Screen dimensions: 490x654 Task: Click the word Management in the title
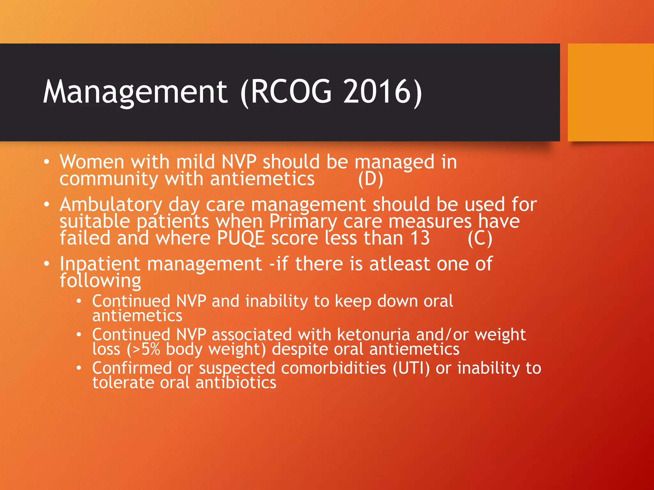tap(135, 93)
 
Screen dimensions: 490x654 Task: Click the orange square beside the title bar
tap(611, 93)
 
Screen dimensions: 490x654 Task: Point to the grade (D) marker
tap(370, 179)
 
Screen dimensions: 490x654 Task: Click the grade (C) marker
tap(480, 239)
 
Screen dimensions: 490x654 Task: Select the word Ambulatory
tap(111, 205)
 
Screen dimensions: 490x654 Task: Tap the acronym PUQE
tap(241, 239)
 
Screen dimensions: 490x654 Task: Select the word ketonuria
tap(373, 335)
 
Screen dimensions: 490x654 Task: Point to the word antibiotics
tap(236, 383)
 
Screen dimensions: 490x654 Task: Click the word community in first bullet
tap(109, 179)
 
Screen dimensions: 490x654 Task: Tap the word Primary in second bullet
tap(303, 222)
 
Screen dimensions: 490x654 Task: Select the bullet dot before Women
tap(47, 162)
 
